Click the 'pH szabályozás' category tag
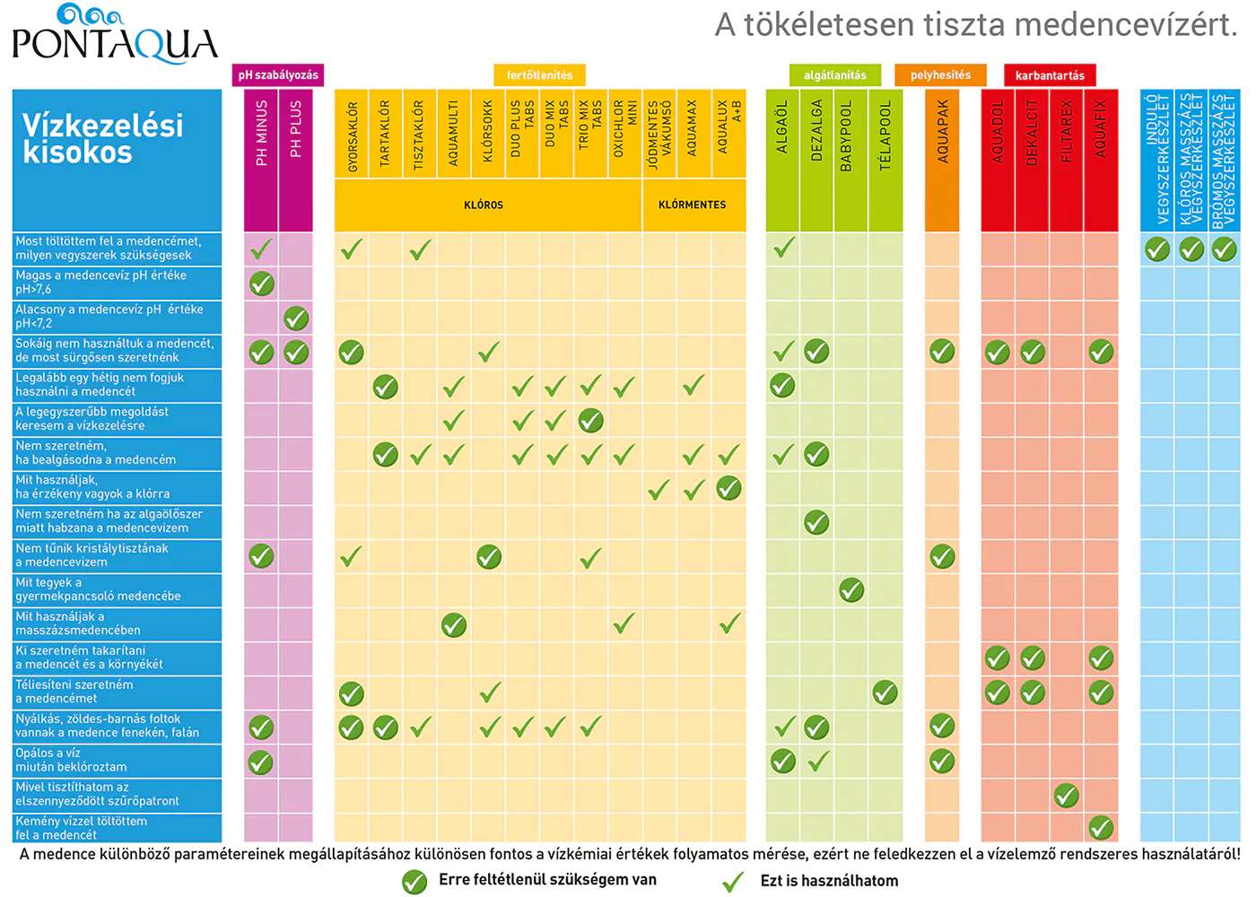278,75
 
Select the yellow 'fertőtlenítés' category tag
539,75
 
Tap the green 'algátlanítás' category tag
835,75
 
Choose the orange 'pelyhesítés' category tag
940,75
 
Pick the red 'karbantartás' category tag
1050,75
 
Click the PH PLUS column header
296,130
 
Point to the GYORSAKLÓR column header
352,135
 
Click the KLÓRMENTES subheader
693,205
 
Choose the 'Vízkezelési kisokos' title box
117,160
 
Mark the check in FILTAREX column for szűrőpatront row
1066,796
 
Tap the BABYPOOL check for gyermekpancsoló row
850,590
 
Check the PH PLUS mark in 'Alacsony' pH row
296,318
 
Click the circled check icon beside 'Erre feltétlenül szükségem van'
414,882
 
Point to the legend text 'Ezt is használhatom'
829,881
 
